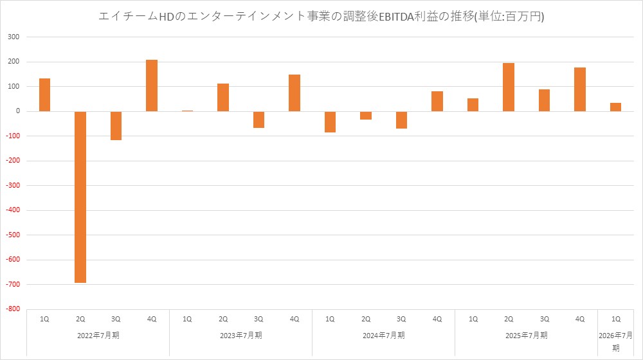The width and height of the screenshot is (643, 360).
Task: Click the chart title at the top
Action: pyautogui.click(x=321, y=16)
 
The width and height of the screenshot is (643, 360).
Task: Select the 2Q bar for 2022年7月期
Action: pyautogui.click(x=80, y=197)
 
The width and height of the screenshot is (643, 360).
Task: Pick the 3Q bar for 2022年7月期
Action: pyautogui.click(x=116, y=125)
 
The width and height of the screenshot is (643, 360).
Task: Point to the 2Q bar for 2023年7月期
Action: pyautogui.click(x=223, y=98)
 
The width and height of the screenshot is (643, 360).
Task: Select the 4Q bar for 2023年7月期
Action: pyautogui.click(x=294, y=93)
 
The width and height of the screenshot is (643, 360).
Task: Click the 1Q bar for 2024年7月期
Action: pyautogui.click(x=330, y=122)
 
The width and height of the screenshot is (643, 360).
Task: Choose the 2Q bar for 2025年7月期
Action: pyautogui.click(x=509, y=87)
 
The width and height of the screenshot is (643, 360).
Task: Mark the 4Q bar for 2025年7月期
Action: pyautogui.click(x=580, y=89)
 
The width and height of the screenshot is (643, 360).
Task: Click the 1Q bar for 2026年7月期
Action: pyautogui.click(x=615, y=107)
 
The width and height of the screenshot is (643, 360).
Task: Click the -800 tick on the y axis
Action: pyautogui.click(x=12, y=309)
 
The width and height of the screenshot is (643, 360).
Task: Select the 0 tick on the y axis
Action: pyautogui.click(x=18, y=111)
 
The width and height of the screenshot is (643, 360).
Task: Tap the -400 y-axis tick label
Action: pyautogui.click(x=12, y=210)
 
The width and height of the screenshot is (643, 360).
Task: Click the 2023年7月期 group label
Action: pyautogui.click(x=240, y=335)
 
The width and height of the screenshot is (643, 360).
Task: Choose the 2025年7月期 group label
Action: pyautogui.click(x=526, y=335)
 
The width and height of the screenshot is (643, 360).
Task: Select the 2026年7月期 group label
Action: pyautogui.click(x=615, y=341)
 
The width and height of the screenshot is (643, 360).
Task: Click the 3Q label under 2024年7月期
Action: pyautogui.click(x=401, y=319)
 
